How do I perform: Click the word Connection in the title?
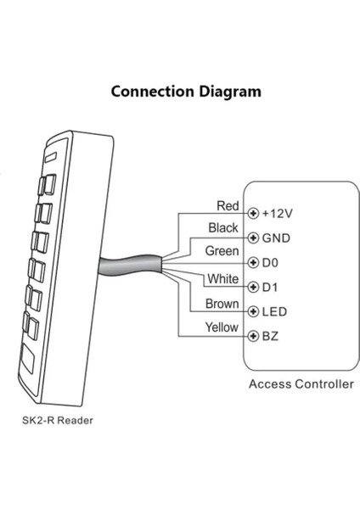(x=153, y=92)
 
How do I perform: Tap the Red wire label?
(x=228, y=206)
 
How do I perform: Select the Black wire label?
(x=223, y=228)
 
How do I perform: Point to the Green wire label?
(x=222, y=251)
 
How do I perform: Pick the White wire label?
(x=223, y=279)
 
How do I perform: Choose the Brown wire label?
(x=222, y=304)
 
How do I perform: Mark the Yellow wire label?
(x=222, y=327)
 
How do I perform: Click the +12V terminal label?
(x=278, y=214)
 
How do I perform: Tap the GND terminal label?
(x=276, y=238)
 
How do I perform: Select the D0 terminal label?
(x=270, y=263)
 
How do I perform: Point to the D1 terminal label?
(x=270, y=288)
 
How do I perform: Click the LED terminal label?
(x=274, y=312)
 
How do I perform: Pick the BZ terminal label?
(x=270, y=336)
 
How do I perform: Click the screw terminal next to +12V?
(x=253, y=214)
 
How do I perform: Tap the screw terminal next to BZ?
(x=253, y=336)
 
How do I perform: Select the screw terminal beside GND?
(x=253, y=238)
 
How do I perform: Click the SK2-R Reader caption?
(x=58, y=421)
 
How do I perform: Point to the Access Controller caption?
(x=301, y=384)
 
